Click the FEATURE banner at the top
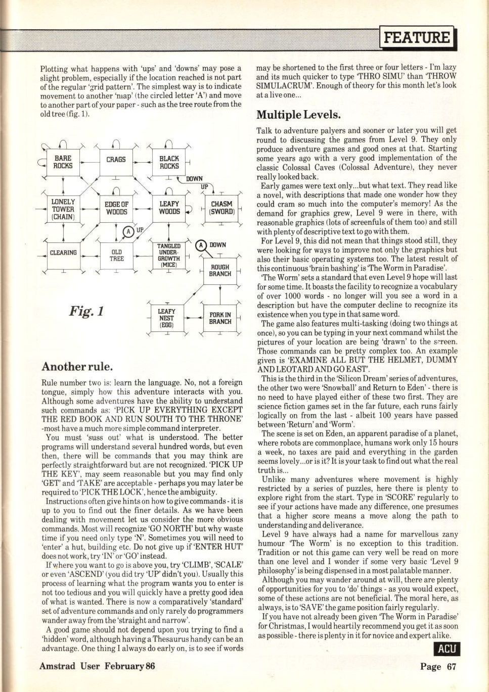[418, 37]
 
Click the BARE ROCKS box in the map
[63, 162]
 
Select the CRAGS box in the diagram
[116, 161]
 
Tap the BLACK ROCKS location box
[169, 162]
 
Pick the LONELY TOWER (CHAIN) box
[63, 209]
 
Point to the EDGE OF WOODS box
[116, 208]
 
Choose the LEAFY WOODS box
[169, 208]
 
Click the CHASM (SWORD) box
[221, 208]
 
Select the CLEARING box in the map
[63, 253]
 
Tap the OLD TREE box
[116, 255]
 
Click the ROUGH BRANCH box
[220, 270]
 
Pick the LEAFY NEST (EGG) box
[166, 318]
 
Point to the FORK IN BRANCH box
[220, 318]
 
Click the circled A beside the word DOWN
[202, 245]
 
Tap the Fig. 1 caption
[86, 310]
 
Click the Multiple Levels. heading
[298, 115]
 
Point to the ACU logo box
[447, 649]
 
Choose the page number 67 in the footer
[451, 666]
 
